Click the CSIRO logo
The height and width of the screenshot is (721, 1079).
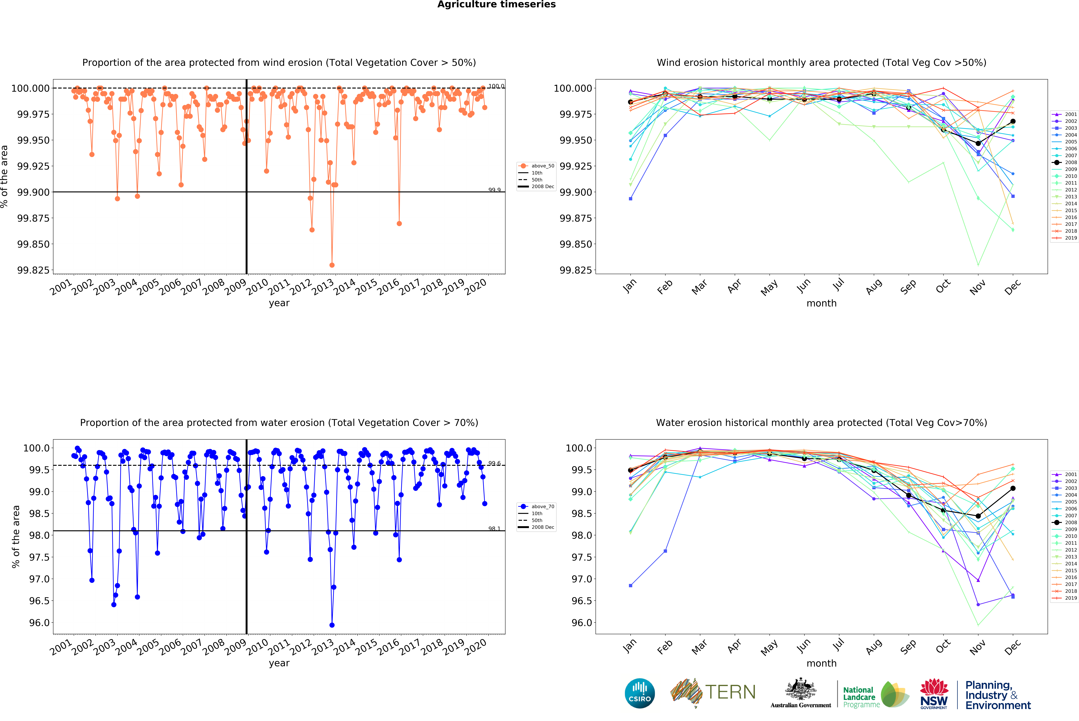click(x=639, y=693)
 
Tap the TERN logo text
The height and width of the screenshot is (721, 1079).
click(x=730, y=692)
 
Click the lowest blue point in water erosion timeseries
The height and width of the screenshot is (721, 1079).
click(x=332, y=625)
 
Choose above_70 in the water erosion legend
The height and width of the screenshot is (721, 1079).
click(x=542, y=506)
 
